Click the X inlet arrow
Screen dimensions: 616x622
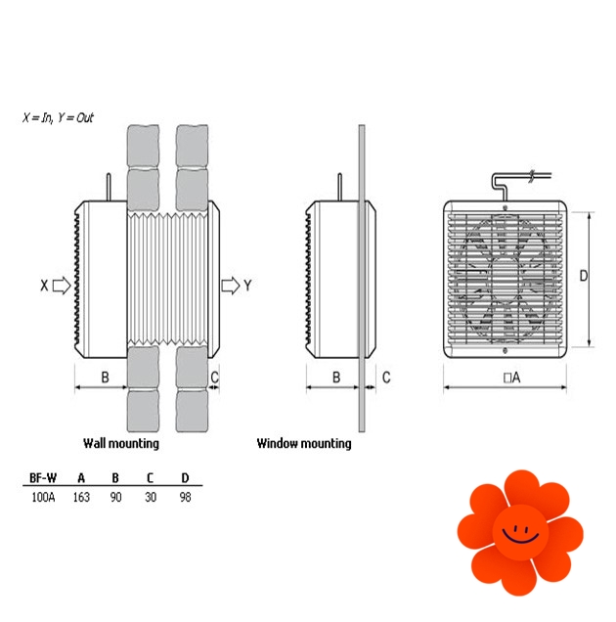click(62, 286)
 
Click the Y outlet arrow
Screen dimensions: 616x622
click(231, 286)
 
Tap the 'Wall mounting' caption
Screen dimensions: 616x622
click(121, 443)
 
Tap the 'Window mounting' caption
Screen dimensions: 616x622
click(304, 443)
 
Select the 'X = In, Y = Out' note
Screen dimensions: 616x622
click(58, 117)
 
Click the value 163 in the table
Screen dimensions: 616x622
click(81, 497)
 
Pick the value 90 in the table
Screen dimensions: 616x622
click(115, 497)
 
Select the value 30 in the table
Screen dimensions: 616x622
click(151, 497)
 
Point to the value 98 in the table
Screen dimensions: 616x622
click(185, 497)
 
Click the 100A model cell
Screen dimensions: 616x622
click(43, 497)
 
